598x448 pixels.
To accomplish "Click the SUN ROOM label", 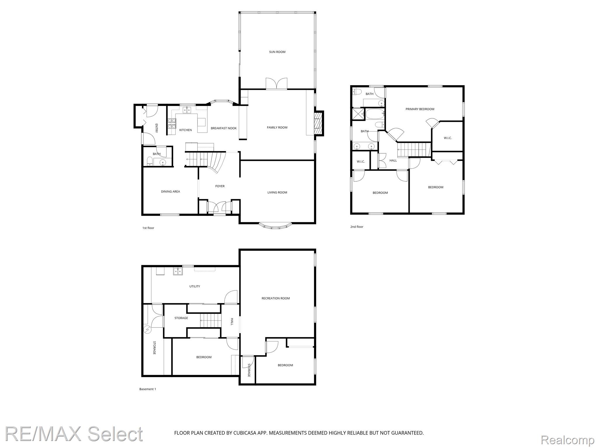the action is click(277, 52).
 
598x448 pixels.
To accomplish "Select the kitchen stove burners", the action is click(172, 123).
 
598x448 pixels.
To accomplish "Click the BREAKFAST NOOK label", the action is click(224, 128).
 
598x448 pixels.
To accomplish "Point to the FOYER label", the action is click(220, 186).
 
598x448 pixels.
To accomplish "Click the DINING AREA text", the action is click(171, 192).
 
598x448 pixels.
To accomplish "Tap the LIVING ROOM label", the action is click(277, 192).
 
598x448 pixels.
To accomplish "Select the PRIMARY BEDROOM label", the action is click(420, 109).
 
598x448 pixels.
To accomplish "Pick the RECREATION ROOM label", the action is click(276, 298).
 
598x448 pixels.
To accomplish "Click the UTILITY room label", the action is click(195, 286).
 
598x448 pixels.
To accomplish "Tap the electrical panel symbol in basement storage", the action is click(147, 330).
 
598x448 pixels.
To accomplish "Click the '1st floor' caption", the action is click(148, 228).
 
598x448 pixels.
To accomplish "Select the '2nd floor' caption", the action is click(357, 227).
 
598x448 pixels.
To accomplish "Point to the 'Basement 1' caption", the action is click(148, 389).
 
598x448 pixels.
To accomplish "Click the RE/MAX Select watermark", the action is click(74, 434).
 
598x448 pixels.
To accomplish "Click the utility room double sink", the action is click(178, 272).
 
